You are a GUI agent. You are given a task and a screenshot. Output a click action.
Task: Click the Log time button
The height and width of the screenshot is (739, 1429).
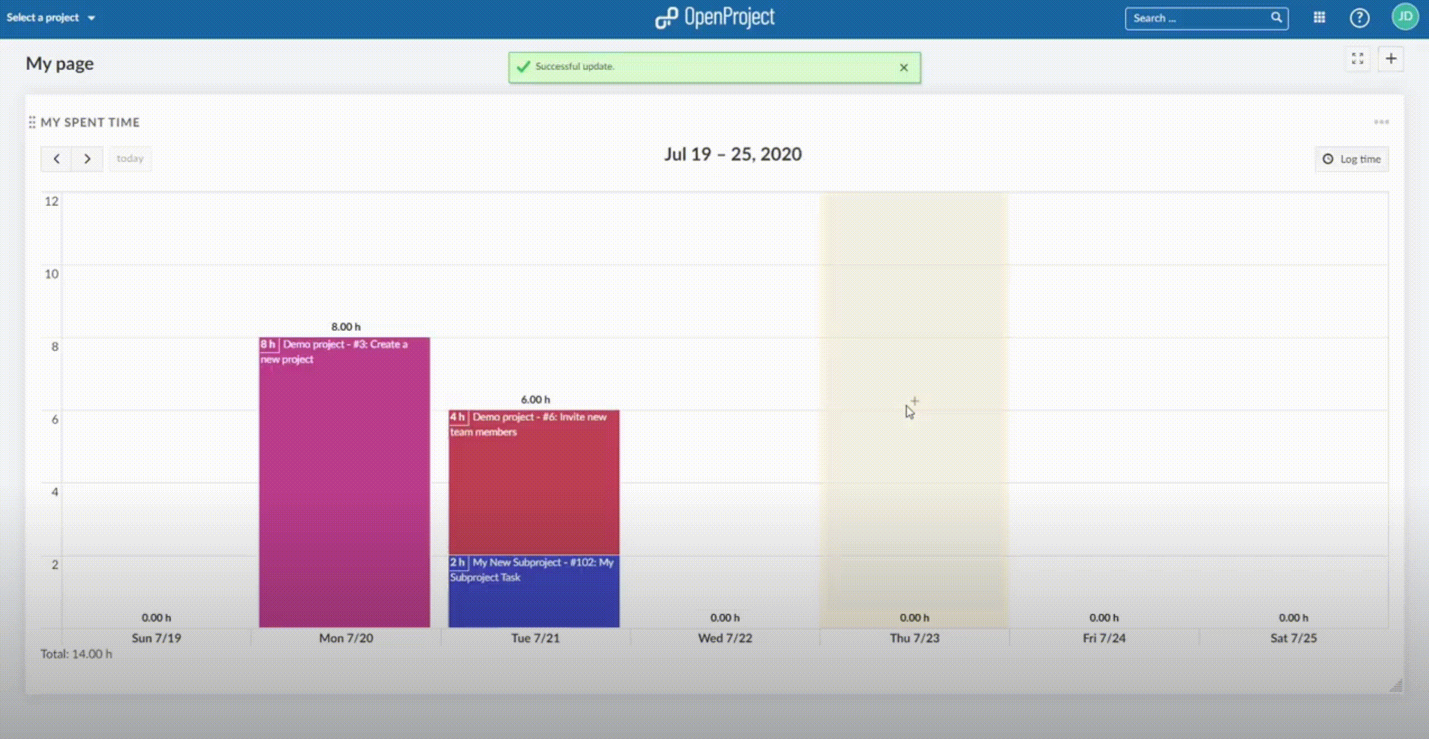[1351, 159]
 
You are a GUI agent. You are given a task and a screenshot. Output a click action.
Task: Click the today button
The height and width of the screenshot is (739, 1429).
[130, 158]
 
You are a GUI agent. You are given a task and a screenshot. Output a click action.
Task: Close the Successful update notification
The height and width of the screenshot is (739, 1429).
[904, 68]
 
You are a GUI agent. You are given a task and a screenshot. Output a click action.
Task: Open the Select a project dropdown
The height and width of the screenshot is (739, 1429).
[50, 17]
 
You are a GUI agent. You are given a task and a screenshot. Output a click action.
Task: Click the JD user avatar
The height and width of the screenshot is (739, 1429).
[1405, 17]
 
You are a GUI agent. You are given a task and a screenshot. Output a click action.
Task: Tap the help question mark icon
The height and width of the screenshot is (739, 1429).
[1359, 18]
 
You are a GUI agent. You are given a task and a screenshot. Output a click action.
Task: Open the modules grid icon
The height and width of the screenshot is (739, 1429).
[1319, 18]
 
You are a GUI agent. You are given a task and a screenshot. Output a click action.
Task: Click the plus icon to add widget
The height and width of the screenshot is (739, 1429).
[1391, 59]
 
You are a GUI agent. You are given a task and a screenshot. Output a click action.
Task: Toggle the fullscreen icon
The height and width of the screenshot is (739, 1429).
[1357, 59]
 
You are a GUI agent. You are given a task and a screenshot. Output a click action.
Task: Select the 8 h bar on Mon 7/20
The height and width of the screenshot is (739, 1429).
[344, 481]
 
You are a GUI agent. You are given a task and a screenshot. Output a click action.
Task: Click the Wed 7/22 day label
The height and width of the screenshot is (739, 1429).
[725, 638]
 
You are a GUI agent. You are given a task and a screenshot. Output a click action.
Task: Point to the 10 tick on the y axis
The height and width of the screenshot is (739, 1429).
[51, 274]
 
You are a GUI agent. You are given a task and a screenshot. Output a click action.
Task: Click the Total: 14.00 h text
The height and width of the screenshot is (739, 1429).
[76, 654]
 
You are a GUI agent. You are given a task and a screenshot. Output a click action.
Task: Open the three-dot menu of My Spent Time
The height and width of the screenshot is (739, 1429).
[1381, 122]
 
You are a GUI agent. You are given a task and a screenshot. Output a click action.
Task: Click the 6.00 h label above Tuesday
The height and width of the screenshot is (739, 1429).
[535, 400]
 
